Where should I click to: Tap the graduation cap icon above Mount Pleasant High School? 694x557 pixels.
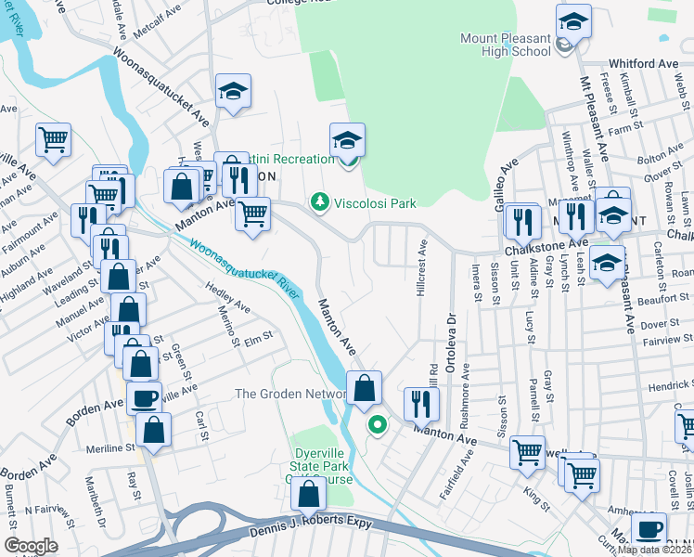tap(573, 21)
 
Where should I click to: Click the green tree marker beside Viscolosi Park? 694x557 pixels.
tap(320, 201)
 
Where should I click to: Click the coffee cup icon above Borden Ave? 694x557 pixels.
tap(144, 399)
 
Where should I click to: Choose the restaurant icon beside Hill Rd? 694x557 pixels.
tap(421, 404)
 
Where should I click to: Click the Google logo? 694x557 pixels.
tap(32, 546)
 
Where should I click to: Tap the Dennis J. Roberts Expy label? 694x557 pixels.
tap(310, 525)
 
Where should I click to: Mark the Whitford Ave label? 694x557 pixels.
tap(643, 64)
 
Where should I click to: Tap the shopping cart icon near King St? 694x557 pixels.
tap(527, 452)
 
